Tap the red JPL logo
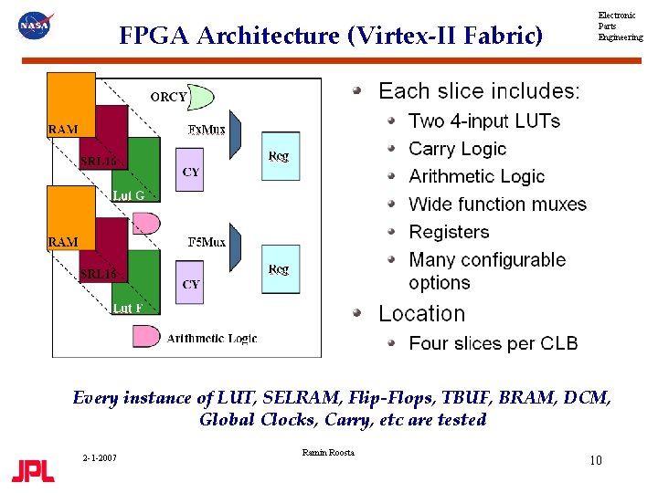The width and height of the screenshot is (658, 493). tap(33, 470)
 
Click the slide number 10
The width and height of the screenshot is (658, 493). tap(595, 460)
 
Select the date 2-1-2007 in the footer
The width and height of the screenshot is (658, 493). tap(98, 457)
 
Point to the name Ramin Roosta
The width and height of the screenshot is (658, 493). tap(327, 453)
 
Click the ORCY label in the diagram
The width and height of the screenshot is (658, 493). tap(168, 96)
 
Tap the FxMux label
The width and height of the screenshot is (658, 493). tap(207, 130)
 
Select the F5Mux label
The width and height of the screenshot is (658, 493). tap(207, 242)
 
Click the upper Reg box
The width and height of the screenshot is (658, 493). tap(280, 156)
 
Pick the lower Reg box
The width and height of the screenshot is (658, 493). tap(280, 269)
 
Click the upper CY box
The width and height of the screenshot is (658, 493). tap(191, 171)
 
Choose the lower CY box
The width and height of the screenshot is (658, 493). tap(191, 284)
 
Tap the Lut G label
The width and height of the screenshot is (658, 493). tap(128, 194)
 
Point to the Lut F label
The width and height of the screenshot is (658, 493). tap(127, 308)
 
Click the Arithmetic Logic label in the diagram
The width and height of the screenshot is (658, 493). tap(212, 338)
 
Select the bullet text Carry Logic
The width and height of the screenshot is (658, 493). tap(457, 149)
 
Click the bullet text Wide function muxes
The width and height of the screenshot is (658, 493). tap(497, 205)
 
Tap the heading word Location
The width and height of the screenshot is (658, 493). tap(421, 314)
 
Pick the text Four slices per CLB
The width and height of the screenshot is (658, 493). tap(493, 344)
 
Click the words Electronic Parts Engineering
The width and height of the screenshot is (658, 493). tap(620, 26)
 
